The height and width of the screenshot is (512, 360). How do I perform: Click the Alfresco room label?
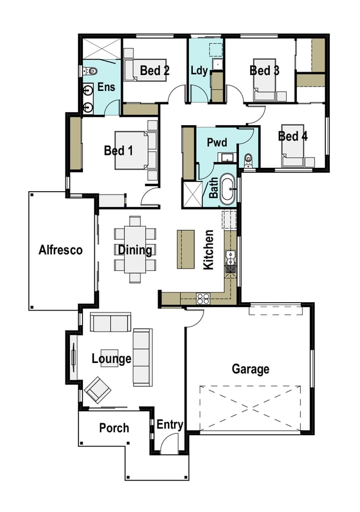[60, 250]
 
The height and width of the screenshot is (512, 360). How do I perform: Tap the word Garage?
[251, 369]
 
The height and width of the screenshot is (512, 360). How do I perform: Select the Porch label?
[114, 428]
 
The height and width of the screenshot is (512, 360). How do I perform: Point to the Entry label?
[169, 424]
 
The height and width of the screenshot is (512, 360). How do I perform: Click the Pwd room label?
[217, 142]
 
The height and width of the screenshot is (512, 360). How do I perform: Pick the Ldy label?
[199, 71]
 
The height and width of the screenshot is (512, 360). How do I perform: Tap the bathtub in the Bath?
[227, 189]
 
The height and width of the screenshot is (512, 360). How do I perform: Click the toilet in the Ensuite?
[90, 71]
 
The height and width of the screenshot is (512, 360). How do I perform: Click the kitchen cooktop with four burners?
[203, 298]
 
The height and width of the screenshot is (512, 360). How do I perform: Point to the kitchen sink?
[230, 258]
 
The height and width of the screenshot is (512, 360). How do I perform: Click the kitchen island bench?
[186, 250]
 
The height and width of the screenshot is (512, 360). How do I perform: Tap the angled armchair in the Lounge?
[97, 390]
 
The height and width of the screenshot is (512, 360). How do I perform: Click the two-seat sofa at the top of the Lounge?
[111, 323]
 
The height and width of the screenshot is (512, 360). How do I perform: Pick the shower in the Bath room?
[193, 195]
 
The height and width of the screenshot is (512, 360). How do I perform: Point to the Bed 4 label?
[293, 136]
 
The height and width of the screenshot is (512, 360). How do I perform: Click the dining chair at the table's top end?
[135, 220]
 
